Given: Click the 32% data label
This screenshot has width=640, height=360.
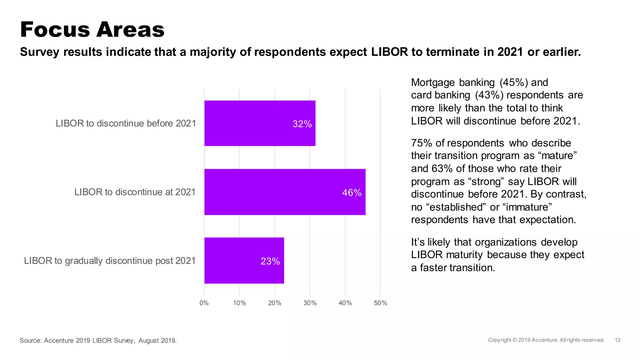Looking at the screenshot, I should coord(302,124).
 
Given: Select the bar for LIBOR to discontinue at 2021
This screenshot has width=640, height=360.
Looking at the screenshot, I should coord(285,192).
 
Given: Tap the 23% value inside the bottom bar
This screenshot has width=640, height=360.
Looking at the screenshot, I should coord(270,261).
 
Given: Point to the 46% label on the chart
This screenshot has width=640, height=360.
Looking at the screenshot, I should coord(352,192).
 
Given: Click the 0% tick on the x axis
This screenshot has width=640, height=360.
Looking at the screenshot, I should coord(204,303).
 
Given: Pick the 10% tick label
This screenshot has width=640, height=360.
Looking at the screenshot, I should coord(239,303).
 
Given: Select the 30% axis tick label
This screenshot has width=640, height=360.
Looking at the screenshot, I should coord(310,303).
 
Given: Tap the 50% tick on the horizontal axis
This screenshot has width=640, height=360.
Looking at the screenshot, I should coord(380,303).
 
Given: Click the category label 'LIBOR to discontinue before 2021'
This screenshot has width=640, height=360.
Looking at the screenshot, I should coord(126,123).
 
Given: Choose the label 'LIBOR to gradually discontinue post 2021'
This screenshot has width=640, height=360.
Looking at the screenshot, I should coord(110,261).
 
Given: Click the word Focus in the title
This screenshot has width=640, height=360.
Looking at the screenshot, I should coord(55,30).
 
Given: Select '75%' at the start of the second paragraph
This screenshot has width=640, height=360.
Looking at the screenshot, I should coord(421,143).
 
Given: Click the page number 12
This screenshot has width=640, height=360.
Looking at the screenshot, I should coord(617,340).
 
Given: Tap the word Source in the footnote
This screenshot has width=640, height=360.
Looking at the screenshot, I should coord(30,341).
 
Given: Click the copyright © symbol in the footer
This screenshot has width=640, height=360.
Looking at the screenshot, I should coord(515,340).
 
